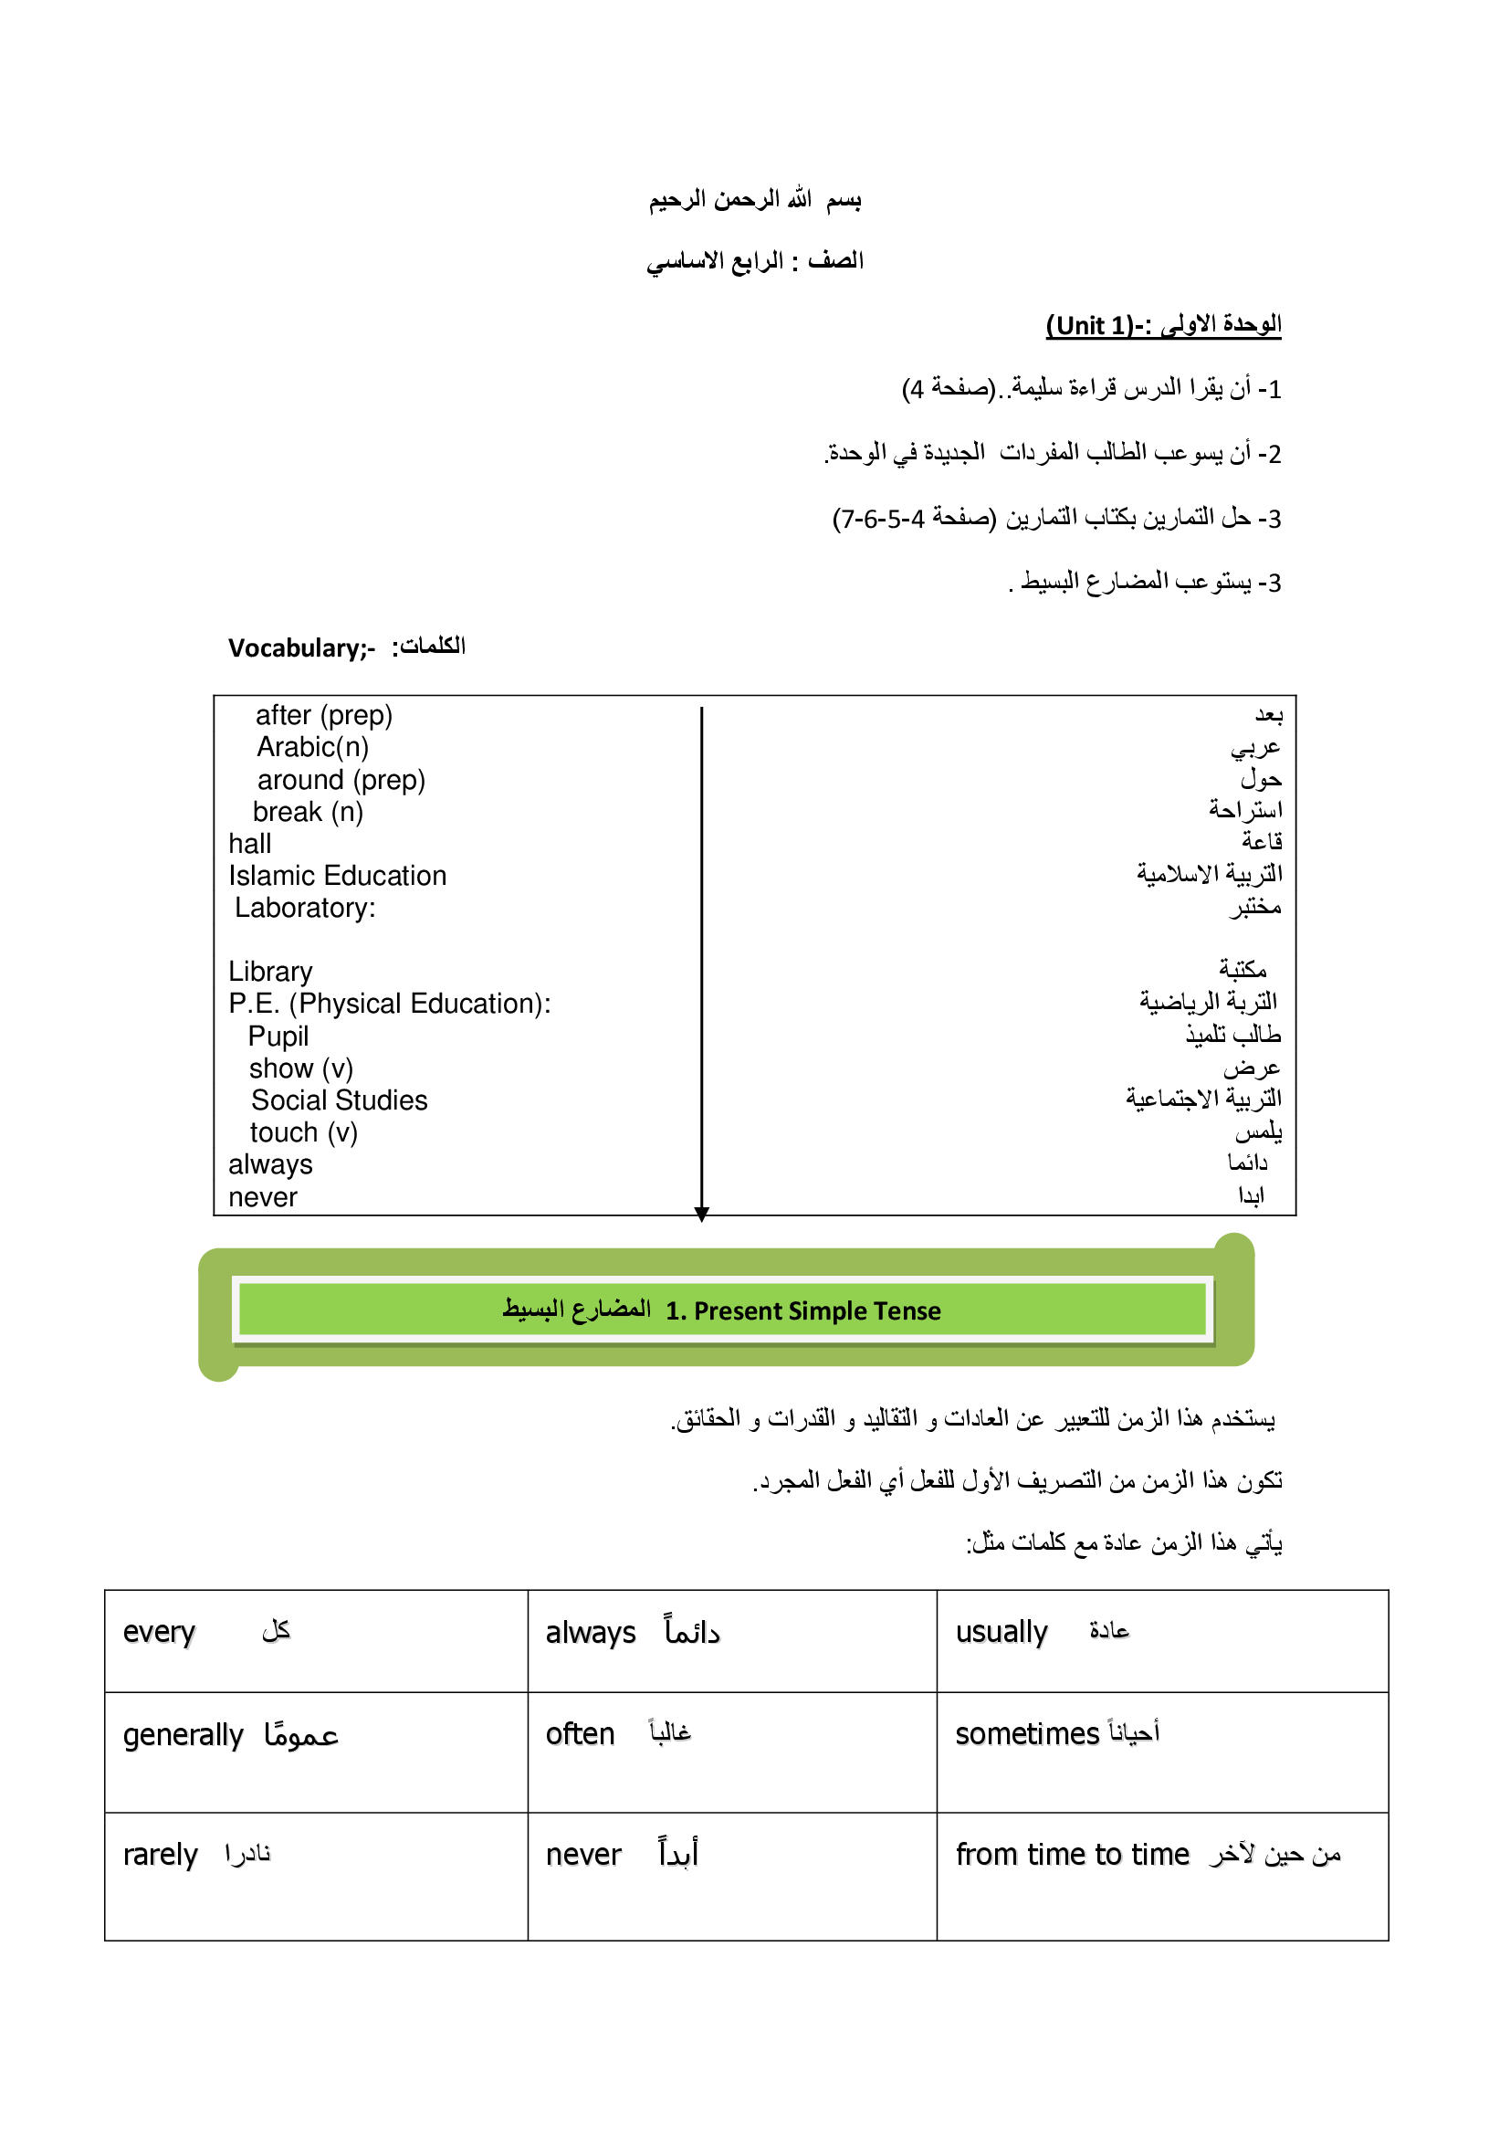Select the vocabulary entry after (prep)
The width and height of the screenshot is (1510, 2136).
(x=323, y=715)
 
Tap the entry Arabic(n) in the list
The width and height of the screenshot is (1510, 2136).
(x=312, y=747)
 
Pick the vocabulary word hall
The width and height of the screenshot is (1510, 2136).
(x=250, y=844)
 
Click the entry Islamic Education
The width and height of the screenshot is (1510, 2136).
(x=338, y=876)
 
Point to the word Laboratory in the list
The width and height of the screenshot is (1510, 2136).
(x=303, y=908)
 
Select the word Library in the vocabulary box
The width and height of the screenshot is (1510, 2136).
(x=270, y=972)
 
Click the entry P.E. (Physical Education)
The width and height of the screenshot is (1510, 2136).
(x=389, y=1004)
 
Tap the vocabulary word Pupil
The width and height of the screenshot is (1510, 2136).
(x=278, y=1036)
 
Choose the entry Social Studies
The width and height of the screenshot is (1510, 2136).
(x=340, y=1100)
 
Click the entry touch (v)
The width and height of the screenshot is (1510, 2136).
(x=303, y=1132)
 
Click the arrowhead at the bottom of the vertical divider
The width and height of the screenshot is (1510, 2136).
(x=702, y=1213)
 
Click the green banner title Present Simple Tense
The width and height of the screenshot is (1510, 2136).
(x=803, y=1310)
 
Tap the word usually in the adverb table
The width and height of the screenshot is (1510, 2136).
(x=1001, y=1633)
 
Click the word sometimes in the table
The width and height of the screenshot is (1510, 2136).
(x=1027, y=1734)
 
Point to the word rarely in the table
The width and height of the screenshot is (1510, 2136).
(x=160, y=1855)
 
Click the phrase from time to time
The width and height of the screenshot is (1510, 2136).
(x=1072, y=1855)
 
